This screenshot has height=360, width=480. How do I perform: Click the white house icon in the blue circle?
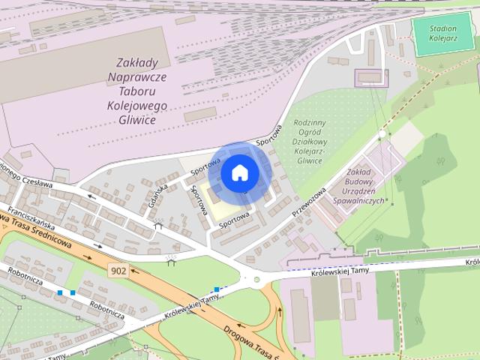coord(239,172)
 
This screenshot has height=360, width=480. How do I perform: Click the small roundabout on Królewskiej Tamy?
coord(256,280)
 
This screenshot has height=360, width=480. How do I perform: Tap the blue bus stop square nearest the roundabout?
coord(216,289)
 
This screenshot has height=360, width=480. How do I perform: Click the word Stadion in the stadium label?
coord(444,29)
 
